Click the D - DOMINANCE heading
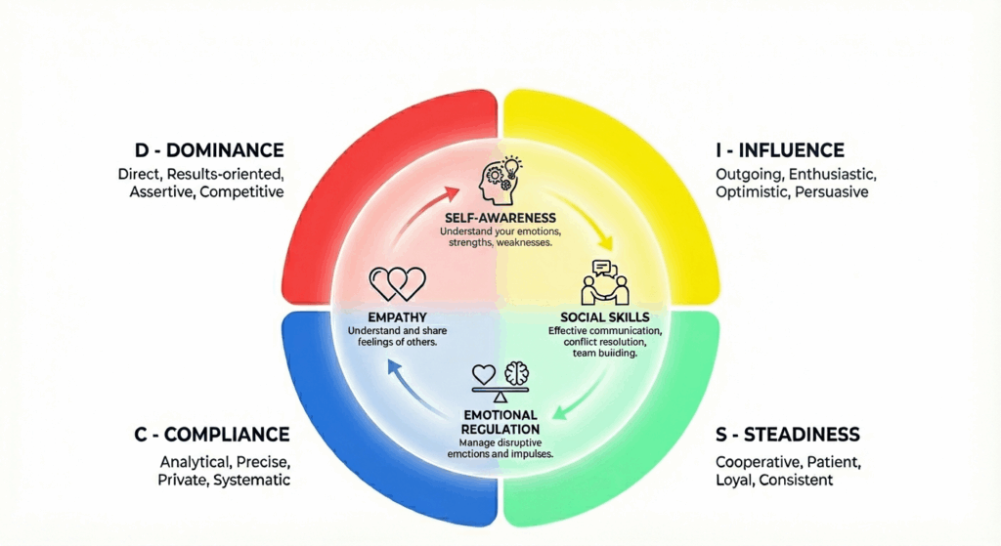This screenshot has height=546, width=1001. [209, 150]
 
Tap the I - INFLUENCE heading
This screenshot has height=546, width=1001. [778, 150]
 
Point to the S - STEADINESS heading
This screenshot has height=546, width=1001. [787, 434]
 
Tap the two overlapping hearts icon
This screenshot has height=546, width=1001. [397, 283]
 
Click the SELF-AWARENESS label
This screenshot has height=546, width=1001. [500, 217]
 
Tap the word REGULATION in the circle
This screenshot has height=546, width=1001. [500, 429]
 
